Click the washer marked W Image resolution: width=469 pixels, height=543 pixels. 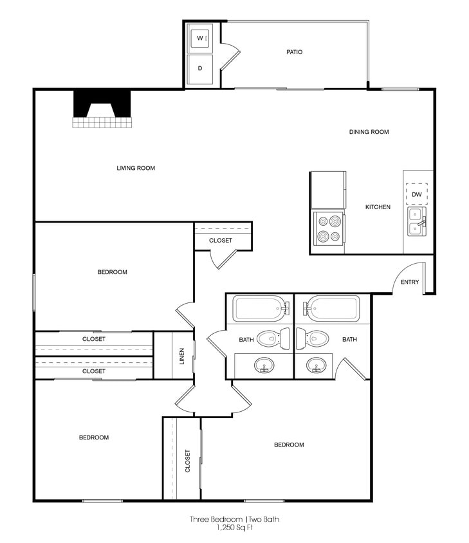201,39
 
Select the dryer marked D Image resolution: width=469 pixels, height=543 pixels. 201,69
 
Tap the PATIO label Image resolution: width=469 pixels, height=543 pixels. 294,52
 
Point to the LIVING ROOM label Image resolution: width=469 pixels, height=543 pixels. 136,169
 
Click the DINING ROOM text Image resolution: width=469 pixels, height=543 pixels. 369,132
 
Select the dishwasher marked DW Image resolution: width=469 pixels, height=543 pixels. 417,194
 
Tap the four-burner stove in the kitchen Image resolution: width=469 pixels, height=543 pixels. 327,229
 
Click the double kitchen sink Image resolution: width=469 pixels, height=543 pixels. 416,221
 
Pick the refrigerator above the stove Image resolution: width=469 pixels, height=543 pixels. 327,190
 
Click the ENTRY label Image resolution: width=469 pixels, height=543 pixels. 410,282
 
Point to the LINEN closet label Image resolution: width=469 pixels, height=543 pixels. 182,355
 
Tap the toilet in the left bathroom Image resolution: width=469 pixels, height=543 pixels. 272,338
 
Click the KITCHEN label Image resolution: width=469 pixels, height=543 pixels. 378,207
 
